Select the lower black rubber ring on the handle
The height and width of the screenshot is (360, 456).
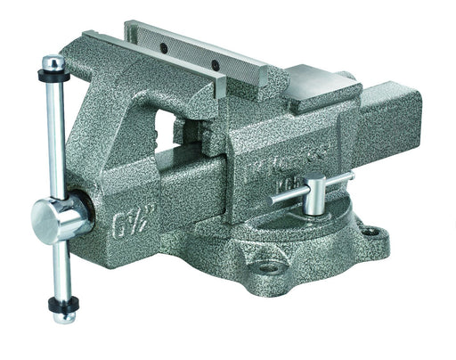pos(62,299)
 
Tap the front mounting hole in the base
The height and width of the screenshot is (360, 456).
pos(268,266)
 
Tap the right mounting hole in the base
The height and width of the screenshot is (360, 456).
pos(376,233)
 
